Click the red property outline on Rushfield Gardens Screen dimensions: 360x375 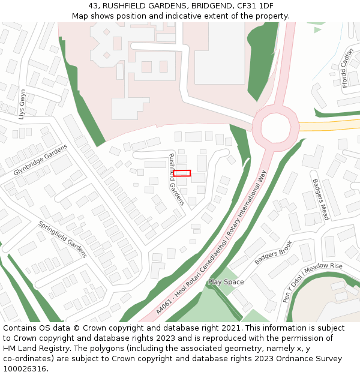(182, 173)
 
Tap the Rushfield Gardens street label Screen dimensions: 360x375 (176, 179)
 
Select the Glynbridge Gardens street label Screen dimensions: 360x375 (41, 160)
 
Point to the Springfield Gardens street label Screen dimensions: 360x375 (62, 239)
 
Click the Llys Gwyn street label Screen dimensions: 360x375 (23, 104)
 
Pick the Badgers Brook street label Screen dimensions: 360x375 (273, 253)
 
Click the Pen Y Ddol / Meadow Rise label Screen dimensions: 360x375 (313, 283)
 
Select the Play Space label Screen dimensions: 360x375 (226, 281)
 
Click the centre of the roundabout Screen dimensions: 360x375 (275, 125)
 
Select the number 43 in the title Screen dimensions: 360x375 (94, 5)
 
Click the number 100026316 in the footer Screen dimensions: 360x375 (25, 368)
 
